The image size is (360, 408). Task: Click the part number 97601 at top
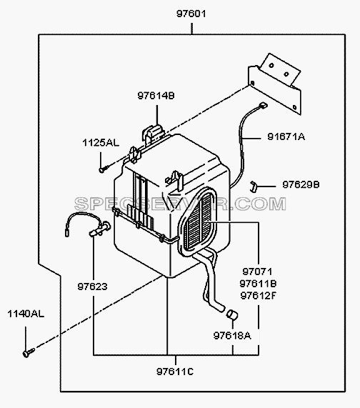pos(191,14)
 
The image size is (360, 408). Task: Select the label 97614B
pos(156,96)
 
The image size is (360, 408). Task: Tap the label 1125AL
pos(101,143)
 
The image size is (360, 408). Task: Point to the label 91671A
pos(286,136)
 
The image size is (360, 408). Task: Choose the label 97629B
pos(301,185)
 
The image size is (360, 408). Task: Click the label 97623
pos(92,287)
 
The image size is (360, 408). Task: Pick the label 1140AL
pos(26,314)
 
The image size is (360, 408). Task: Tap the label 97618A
pos(232,336)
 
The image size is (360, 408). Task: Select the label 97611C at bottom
pos(175,372)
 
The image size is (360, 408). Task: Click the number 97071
pos(257,272)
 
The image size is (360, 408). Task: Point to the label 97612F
pos(258,296)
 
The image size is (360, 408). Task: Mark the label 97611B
pos(258,284)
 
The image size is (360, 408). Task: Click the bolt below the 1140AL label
pos(29,352)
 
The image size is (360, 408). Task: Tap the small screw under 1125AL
pos(103,169)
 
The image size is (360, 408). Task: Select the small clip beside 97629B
pos(253,186)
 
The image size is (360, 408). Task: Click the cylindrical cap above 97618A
pos(232,314)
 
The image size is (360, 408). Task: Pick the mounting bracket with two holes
pos(275,84)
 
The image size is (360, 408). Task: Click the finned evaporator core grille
pos(199,221)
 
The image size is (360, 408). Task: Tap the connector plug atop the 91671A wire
pos(263,105)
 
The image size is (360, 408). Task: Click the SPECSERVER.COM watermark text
pos(180,204)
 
